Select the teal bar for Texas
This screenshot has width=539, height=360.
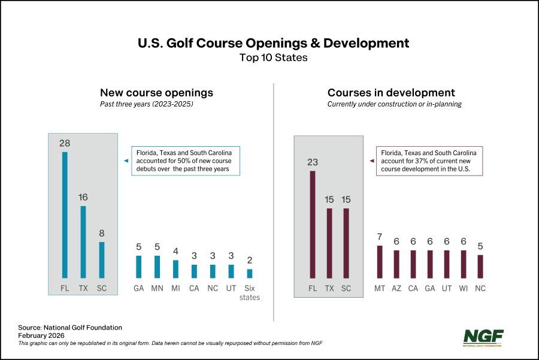tap(83, 242)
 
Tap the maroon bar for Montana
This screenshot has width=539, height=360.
tap(380, 262)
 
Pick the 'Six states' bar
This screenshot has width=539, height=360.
tap(250, 273)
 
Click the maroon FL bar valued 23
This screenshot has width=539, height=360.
tap(312, 225)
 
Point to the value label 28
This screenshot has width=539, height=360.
tap(65, 143)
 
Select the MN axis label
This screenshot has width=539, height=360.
tap(157, 288)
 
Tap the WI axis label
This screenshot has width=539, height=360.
tap(463, 288)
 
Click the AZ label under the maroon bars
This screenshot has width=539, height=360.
tap(396, 288)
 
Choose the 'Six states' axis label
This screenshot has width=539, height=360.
tap(250, 292)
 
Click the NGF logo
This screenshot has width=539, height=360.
tap(483, 338)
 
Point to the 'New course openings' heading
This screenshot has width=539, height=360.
tap(156, 93)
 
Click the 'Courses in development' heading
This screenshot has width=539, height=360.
tap(391, 93)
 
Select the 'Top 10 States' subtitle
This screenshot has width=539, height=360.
tap(273, 58)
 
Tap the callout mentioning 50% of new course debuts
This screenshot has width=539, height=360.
tap(185, 161)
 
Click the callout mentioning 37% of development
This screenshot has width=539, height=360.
tap(429, 161)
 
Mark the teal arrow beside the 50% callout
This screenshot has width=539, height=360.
tap(126, 161)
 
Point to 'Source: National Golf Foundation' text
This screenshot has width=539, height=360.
tap(70, 328)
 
